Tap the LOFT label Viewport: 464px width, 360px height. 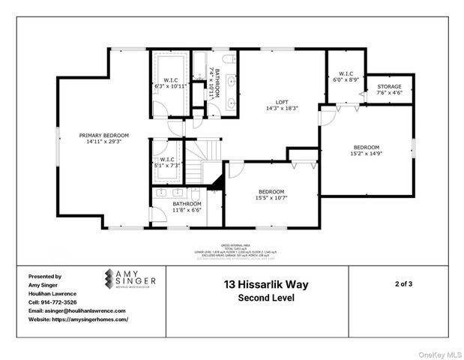pos(282,101)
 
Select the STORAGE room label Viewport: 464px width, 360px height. pos(390,86)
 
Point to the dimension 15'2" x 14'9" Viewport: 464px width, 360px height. pos(367,153)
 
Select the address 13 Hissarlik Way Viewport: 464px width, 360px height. pos(265,284)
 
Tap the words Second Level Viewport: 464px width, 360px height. pos(265,298)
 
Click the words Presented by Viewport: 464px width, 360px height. pos(44,276)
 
